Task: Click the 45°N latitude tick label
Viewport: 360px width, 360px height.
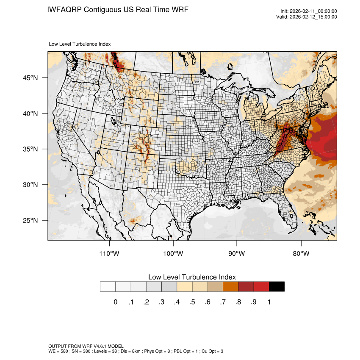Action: (30, 78)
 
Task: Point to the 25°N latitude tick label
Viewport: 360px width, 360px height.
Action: (30, 220)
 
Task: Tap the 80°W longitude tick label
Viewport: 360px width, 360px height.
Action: (301, 254)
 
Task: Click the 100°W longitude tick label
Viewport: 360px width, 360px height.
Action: (173, 254)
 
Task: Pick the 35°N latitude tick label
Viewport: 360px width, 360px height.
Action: (30, 149)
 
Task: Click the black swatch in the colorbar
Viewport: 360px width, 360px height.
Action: (277, 287)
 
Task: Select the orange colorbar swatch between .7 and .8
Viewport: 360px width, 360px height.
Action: (230, 287)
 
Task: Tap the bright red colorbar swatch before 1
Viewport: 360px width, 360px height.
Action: (261, 287)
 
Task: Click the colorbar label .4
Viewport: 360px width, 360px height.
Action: (177, 302)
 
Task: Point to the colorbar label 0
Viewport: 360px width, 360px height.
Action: (115, 302)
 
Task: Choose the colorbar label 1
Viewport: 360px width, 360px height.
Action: (269, 302)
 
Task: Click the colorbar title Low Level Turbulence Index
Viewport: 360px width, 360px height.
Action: (192, 277)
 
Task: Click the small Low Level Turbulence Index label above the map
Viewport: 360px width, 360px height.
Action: (80, 44)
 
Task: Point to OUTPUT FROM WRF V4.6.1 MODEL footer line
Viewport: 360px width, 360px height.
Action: (86, 346)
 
